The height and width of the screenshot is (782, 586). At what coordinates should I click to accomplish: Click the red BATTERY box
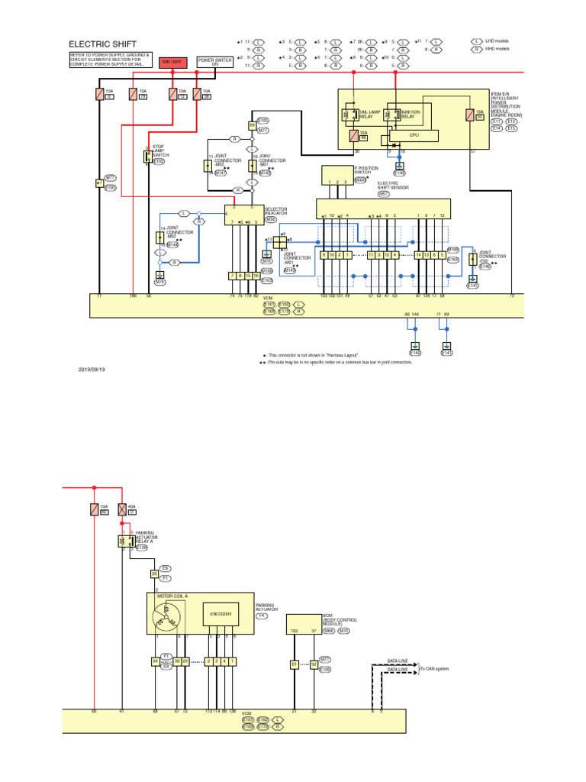172,62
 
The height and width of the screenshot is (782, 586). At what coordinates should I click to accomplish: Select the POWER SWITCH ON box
215,62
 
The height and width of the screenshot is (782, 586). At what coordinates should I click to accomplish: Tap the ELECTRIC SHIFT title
102,44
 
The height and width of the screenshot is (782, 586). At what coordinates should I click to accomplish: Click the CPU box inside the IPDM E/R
414,135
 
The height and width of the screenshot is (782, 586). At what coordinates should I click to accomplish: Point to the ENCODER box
216,613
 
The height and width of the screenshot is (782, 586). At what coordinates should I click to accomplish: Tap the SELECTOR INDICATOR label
275,211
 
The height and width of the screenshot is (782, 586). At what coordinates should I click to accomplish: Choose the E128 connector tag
142,548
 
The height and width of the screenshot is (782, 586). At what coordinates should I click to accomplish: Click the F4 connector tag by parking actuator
262,615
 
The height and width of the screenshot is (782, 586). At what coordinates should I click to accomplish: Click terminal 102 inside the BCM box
294,631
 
